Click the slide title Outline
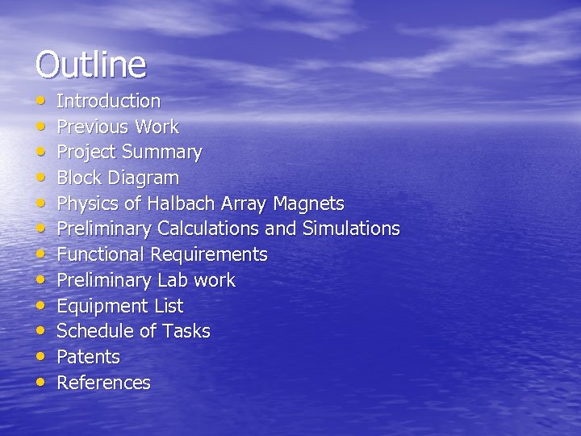tap(90, 65)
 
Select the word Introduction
tap(108, 101)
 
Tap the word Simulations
tap(351, 228)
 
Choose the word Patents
tap(88, 357)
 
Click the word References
tap(103, 383)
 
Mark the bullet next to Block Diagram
tap(40, 178)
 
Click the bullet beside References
tap(40, 383)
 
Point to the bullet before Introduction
tap(40, 101)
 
